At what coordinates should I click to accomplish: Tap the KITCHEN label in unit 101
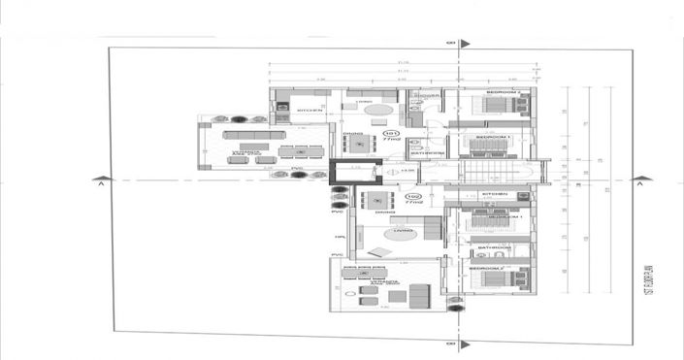coord(309,112)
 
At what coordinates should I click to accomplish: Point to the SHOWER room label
coord(426,97)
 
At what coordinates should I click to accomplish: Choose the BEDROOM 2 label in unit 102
coord(489,267)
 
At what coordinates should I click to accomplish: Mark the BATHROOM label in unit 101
coord(427,152)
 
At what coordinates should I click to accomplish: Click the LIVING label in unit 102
coord(403,231)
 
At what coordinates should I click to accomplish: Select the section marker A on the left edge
coord(100,180)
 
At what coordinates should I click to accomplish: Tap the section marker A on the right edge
coord(639,180)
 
